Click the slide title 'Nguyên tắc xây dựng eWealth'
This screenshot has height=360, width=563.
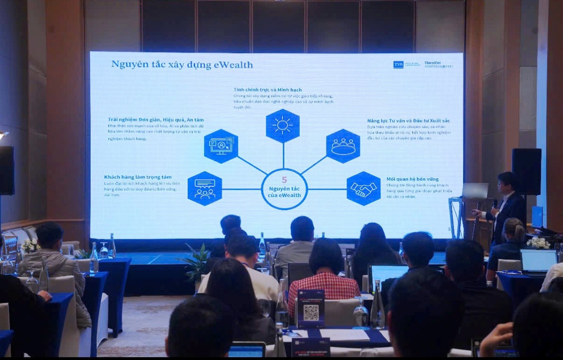pyautogui.click(x=182, y=65)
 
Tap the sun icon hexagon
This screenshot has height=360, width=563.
pyautogui.click(x=282, y=125)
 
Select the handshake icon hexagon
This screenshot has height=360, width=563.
pyautogui.click(x=364, y=189)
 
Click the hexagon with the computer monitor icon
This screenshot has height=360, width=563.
pyautogui.click(x=221, y=146)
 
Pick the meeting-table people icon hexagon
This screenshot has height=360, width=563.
pyautogui.click(x=343, y=146)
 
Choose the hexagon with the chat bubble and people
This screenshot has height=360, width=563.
pyautogui.click(x=205, y=189)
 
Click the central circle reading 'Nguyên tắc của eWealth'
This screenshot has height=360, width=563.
pyautogui.click(x=284, y=189)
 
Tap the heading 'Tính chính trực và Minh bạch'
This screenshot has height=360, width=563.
pyautogui.click(x=267, y=90)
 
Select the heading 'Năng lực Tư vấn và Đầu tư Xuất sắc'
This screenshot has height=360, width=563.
pyautogui.click(x=408, y=121)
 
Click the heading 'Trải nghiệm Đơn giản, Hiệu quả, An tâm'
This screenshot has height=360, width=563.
pyautogui.click(x=156, y=120)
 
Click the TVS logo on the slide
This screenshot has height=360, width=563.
pyautogui.click(x=398, y=64)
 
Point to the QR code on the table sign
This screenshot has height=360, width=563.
pyautogui.click(x=311, y=312)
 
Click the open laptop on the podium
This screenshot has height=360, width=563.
pyautogui.click(x=475, y=191)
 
